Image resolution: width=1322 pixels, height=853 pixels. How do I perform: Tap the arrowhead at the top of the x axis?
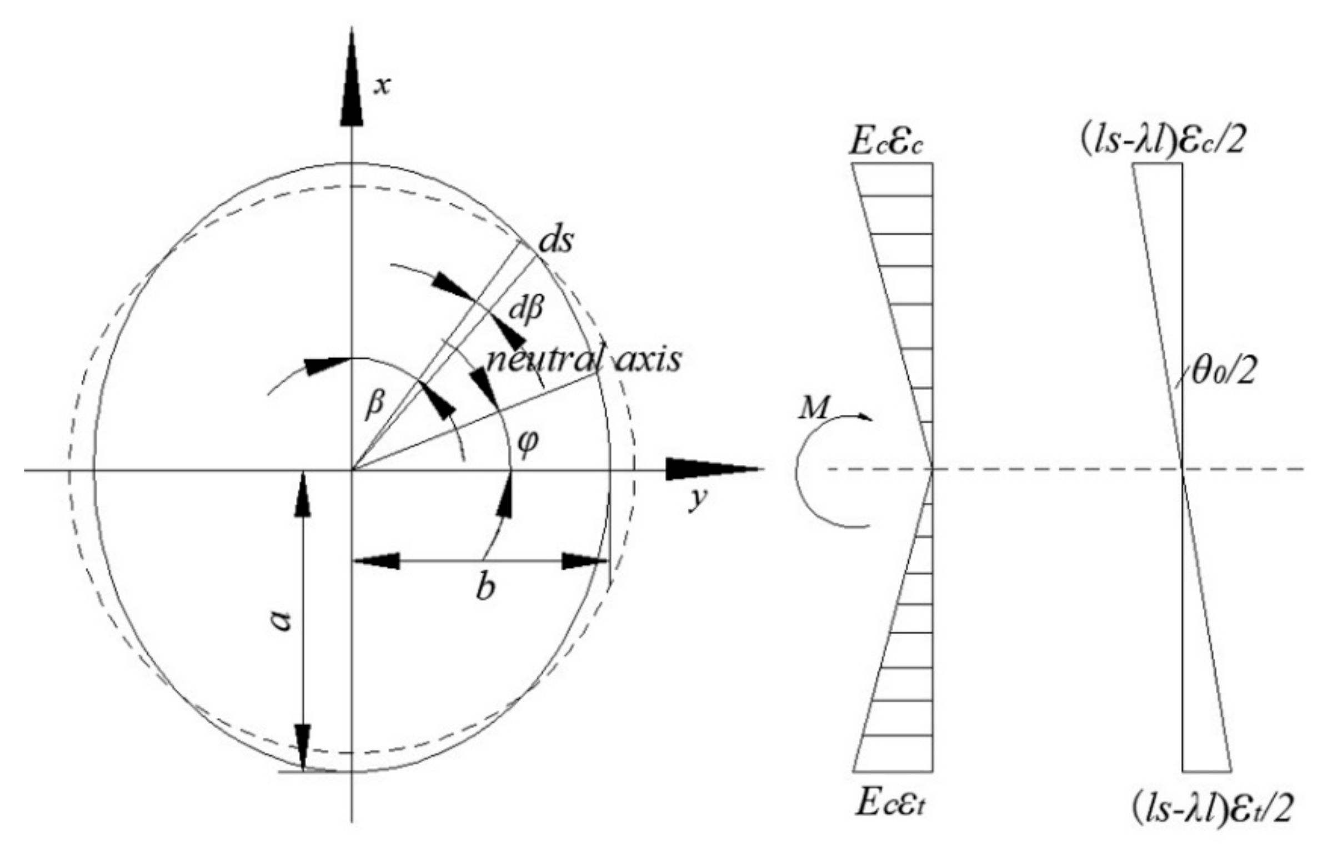[x=351, y=78]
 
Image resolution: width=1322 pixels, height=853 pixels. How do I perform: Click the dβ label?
[x=526, y=309]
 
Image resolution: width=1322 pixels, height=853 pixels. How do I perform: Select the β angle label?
[x=374, y=403]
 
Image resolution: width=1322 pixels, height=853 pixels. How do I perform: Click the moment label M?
[x=812, y=409]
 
